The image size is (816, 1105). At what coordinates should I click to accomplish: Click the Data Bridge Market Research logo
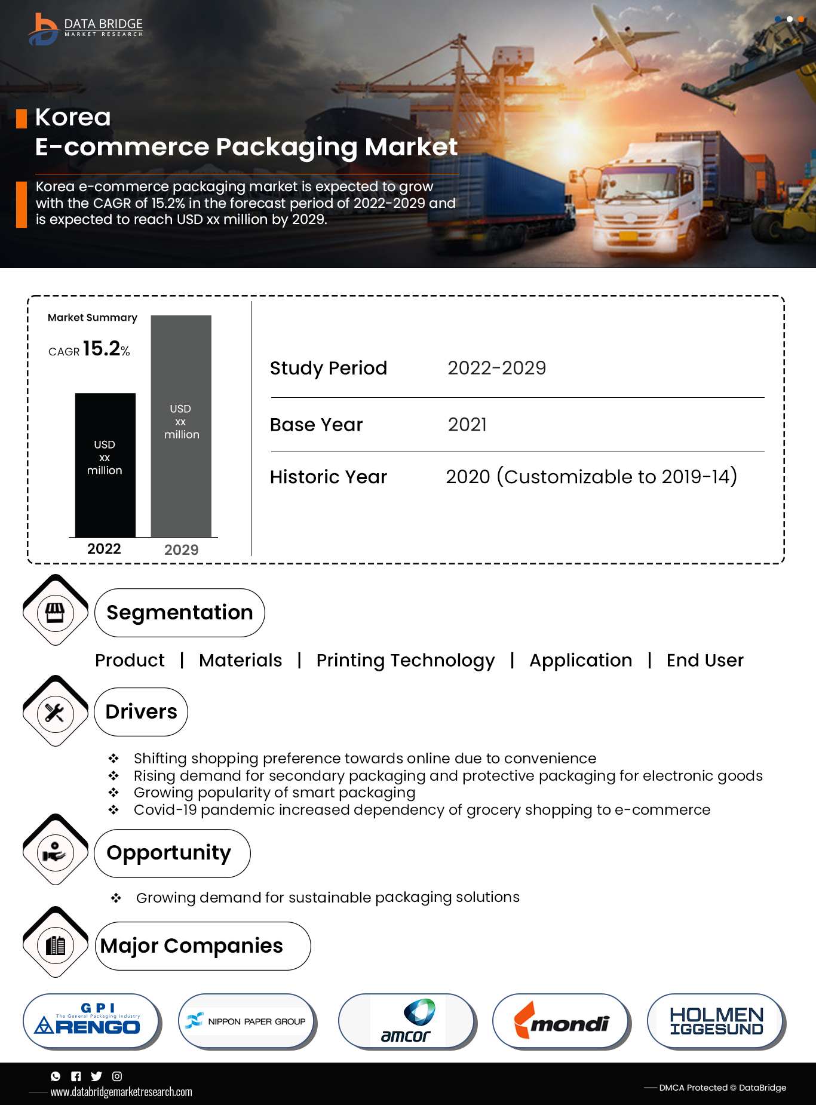point(85,28)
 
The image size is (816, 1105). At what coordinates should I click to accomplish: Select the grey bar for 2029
point(181,426)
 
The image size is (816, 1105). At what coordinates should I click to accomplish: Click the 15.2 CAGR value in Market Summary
point(102,349)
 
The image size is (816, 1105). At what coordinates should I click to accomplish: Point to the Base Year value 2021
point(467,425)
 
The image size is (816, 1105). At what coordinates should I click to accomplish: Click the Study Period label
point(328,368)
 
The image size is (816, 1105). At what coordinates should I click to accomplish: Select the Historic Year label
point(328,477)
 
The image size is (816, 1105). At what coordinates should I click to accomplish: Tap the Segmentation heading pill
point(179,613)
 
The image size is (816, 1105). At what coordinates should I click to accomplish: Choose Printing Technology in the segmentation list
point(406,661)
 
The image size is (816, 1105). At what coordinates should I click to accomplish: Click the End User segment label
point(705,661)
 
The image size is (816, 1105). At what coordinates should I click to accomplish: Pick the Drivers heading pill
point(141,712)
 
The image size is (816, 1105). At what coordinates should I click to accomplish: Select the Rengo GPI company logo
point(91,1021)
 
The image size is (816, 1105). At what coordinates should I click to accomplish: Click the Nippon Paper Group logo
point(247,1021)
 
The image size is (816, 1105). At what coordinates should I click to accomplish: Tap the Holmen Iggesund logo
point(716,1021)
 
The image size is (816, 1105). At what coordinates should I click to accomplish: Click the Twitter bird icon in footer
point(96,1076)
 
